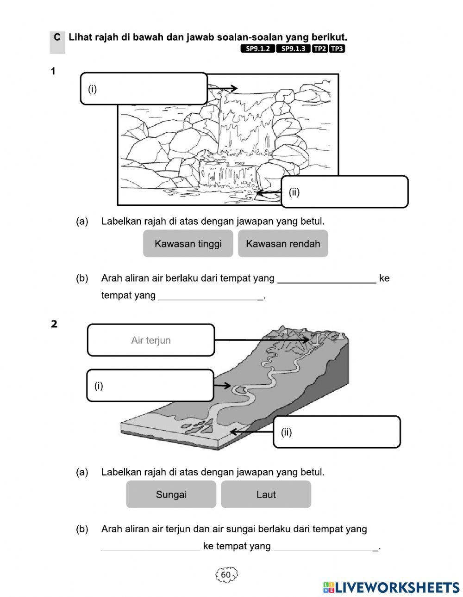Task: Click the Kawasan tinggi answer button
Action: [x=188, y=244]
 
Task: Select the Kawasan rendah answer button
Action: [x=283, y=244]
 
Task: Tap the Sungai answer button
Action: [x=171, y=494]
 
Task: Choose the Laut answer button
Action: [x=266, y=494]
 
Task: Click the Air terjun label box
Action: [x=151, y=340]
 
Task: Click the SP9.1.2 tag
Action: [x=257, y=49]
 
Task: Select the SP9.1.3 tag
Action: [x=293, y=49]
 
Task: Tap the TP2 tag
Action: [x=319, y=49]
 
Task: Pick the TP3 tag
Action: [x=337, y=49]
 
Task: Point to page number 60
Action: [x=226, y=574]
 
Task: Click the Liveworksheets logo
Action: [x=391, y=587]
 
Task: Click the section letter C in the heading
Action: [x=56, y=37]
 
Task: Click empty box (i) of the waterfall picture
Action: [x=144, y=89]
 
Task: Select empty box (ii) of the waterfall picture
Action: [x=345, y=192]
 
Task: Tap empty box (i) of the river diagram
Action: [x=150, y=386]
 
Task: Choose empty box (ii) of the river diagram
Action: [x=337, y=432]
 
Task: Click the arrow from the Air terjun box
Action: [x=262, y=340]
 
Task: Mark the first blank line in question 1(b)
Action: [x=326, y=282]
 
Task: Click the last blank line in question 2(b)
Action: [x=326, y=549]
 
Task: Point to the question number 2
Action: [x=54, y=324]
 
